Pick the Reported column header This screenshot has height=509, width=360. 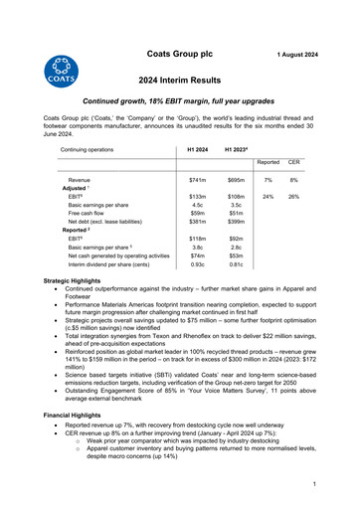(x=269, y=161)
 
